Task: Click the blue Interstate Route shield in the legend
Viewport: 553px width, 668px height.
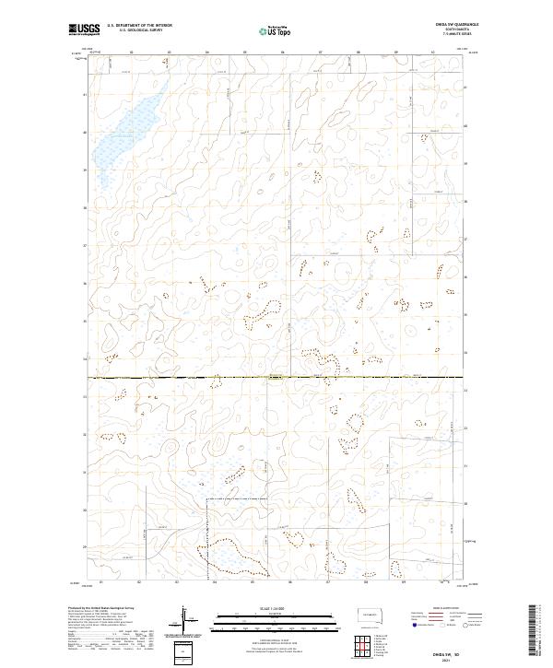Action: coord(414,624)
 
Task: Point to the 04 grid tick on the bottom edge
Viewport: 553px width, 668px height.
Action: coord(214,582)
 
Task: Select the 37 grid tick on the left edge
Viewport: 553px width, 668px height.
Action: coord(85,246)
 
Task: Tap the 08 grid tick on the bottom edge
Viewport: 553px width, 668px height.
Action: coord(366,582)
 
